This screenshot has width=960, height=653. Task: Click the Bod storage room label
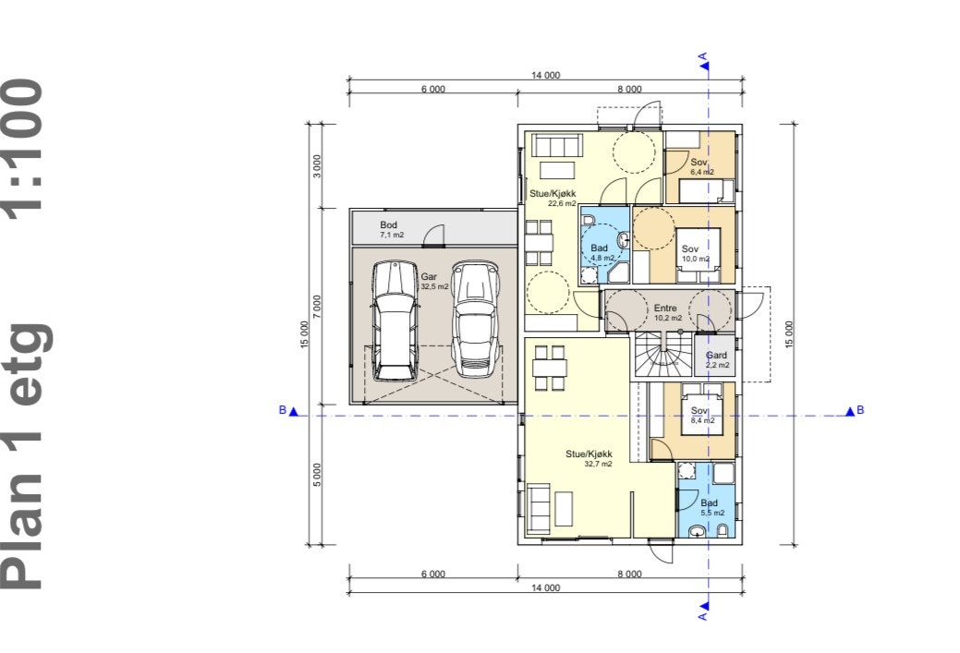click(x=391, y=229)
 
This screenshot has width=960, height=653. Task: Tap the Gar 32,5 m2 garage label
click(x=434, y=282)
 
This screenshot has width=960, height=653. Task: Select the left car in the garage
click(x=395, y=321)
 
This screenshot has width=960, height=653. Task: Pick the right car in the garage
click(x=476, y=319)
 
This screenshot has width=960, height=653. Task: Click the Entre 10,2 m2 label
click(x=667, y=313)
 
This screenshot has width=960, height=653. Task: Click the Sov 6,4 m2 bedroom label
click(x=701, y=166)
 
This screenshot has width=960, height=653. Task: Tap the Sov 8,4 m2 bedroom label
click(x=701, y=415)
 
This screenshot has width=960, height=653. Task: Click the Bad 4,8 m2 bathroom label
click(x=602, y=253)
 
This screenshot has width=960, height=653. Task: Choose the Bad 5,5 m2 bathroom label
click(x=712, y=507)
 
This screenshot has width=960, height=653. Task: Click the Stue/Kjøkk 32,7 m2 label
click(x=589, y=458)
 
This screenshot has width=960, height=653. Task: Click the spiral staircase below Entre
click(x=662, y=355)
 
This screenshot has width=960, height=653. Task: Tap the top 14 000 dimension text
click(x=545, y=76)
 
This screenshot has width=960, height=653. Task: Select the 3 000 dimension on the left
click(x=317, y=166)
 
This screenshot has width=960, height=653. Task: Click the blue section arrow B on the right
click(x=850, y=411)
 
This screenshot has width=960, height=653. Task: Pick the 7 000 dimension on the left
click(x=317, y=306)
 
